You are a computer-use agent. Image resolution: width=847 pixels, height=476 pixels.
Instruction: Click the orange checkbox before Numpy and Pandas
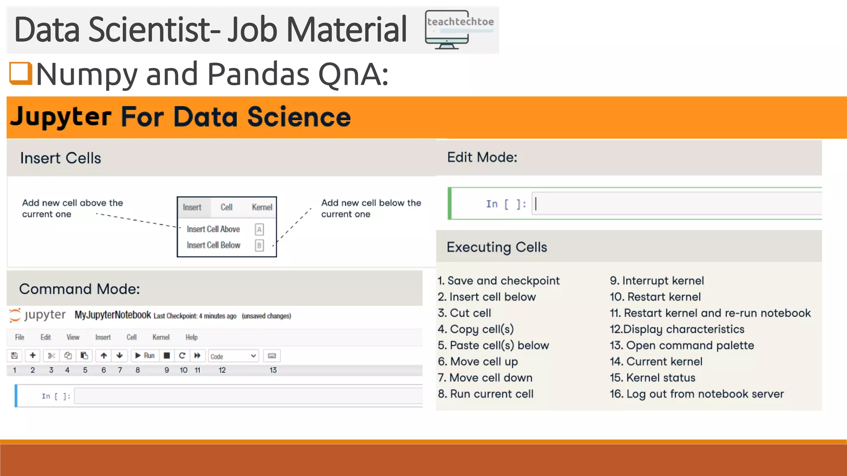tap(21, 73)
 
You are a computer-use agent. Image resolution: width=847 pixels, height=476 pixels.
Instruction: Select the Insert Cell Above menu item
tap(213, 229)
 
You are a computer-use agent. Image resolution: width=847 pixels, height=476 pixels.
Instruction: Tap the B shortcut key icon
tap(259, 245)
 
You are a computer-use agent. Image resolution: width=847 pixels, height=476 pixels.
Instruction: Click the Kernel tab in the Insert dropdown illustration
tap(262, 207)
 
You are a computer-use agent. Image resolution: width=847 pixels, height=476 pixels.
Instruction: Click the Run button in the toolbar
tap(145, 356)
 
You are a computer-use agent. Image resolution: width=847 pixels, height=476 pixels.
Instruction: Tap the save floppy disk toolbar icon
tap(14, 356)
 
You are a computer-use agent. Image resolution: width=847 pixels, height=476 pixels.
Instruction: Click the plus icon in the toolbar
tap(33, 356)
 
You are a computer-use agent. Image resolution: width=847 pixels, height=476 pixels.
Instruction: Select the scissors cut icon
tap(51, 356)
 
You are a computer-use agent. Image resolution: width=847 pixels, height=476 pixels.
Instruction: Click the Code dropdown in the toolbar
tap(233, 356)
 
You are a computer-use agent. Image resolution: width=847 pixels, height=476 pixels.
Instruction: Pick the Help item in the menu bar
tap(191, 337)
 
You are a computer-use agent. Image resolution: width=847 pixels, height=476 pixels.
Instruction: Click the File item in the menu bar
tap(19, 337)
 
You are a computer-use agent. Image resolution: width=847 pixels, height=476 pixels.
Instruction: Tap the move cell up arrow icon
tap(104, 356)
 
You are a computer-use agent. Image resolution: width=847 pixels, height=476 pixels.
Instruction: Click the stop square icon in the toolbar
tap(167, 356)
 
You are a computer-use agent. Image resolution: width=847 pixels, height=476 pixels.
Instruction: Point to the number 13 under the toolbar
tap(273, 370)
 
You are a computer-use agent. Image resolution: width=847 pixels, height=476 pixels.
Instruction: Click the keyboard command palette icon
tap(272, 356)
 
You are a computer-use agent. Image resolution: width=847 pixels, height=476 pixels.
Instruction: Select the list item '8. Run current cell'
tap(486, 394)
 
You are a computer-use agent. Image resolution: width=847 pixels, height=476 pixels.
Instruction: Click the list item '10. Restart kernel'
tap(655, 297)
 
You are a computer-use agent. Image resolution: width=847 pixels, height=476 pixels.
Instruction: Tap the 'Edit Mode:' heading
tap(482, 157)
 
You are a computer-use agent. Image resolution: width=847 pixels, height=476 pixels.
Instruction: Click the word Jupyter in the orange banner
tap(61, 117)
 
